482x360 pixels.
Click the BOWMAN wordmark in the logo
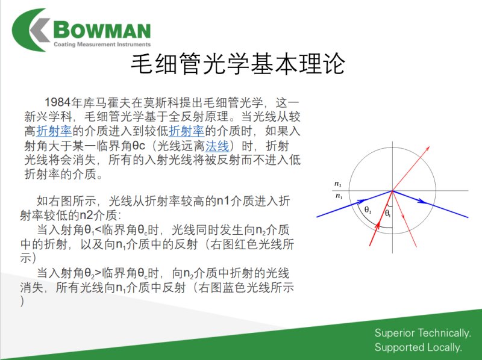click(x=102, y=30)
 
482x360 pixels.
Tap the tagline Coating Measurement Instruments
click(x=102, y=44)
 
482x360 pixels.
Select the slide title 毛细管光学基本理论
click(x=238, y=64)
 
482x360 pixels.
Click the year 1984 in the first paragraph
click(x=58, y=102)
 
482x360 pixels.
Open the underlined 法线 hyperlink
click(x=218, y=146)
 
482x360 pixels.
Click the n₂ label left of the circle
click(x=338, y=184)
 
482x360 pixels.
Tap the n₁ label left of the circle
click(x=339, y=196)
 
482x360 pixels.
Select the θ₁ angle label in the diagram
click(x=388, y=213)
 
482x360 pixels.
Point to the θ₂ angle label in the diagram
click(x=368, y=210)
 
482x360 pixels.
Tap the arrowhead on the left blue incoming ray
click(x=361, y=202)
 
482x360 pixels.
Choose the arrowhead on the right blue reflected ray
click(x=423, y=202)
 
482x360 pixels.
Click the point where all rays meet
click(x=393, y=191)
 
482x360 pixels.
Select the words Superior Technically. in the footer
click(x=423, y=333)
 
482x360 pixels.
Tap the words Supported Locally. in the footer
click(x=418, y=347)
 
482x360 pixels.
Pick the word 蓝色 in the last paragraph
click(x=233, y=287)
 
